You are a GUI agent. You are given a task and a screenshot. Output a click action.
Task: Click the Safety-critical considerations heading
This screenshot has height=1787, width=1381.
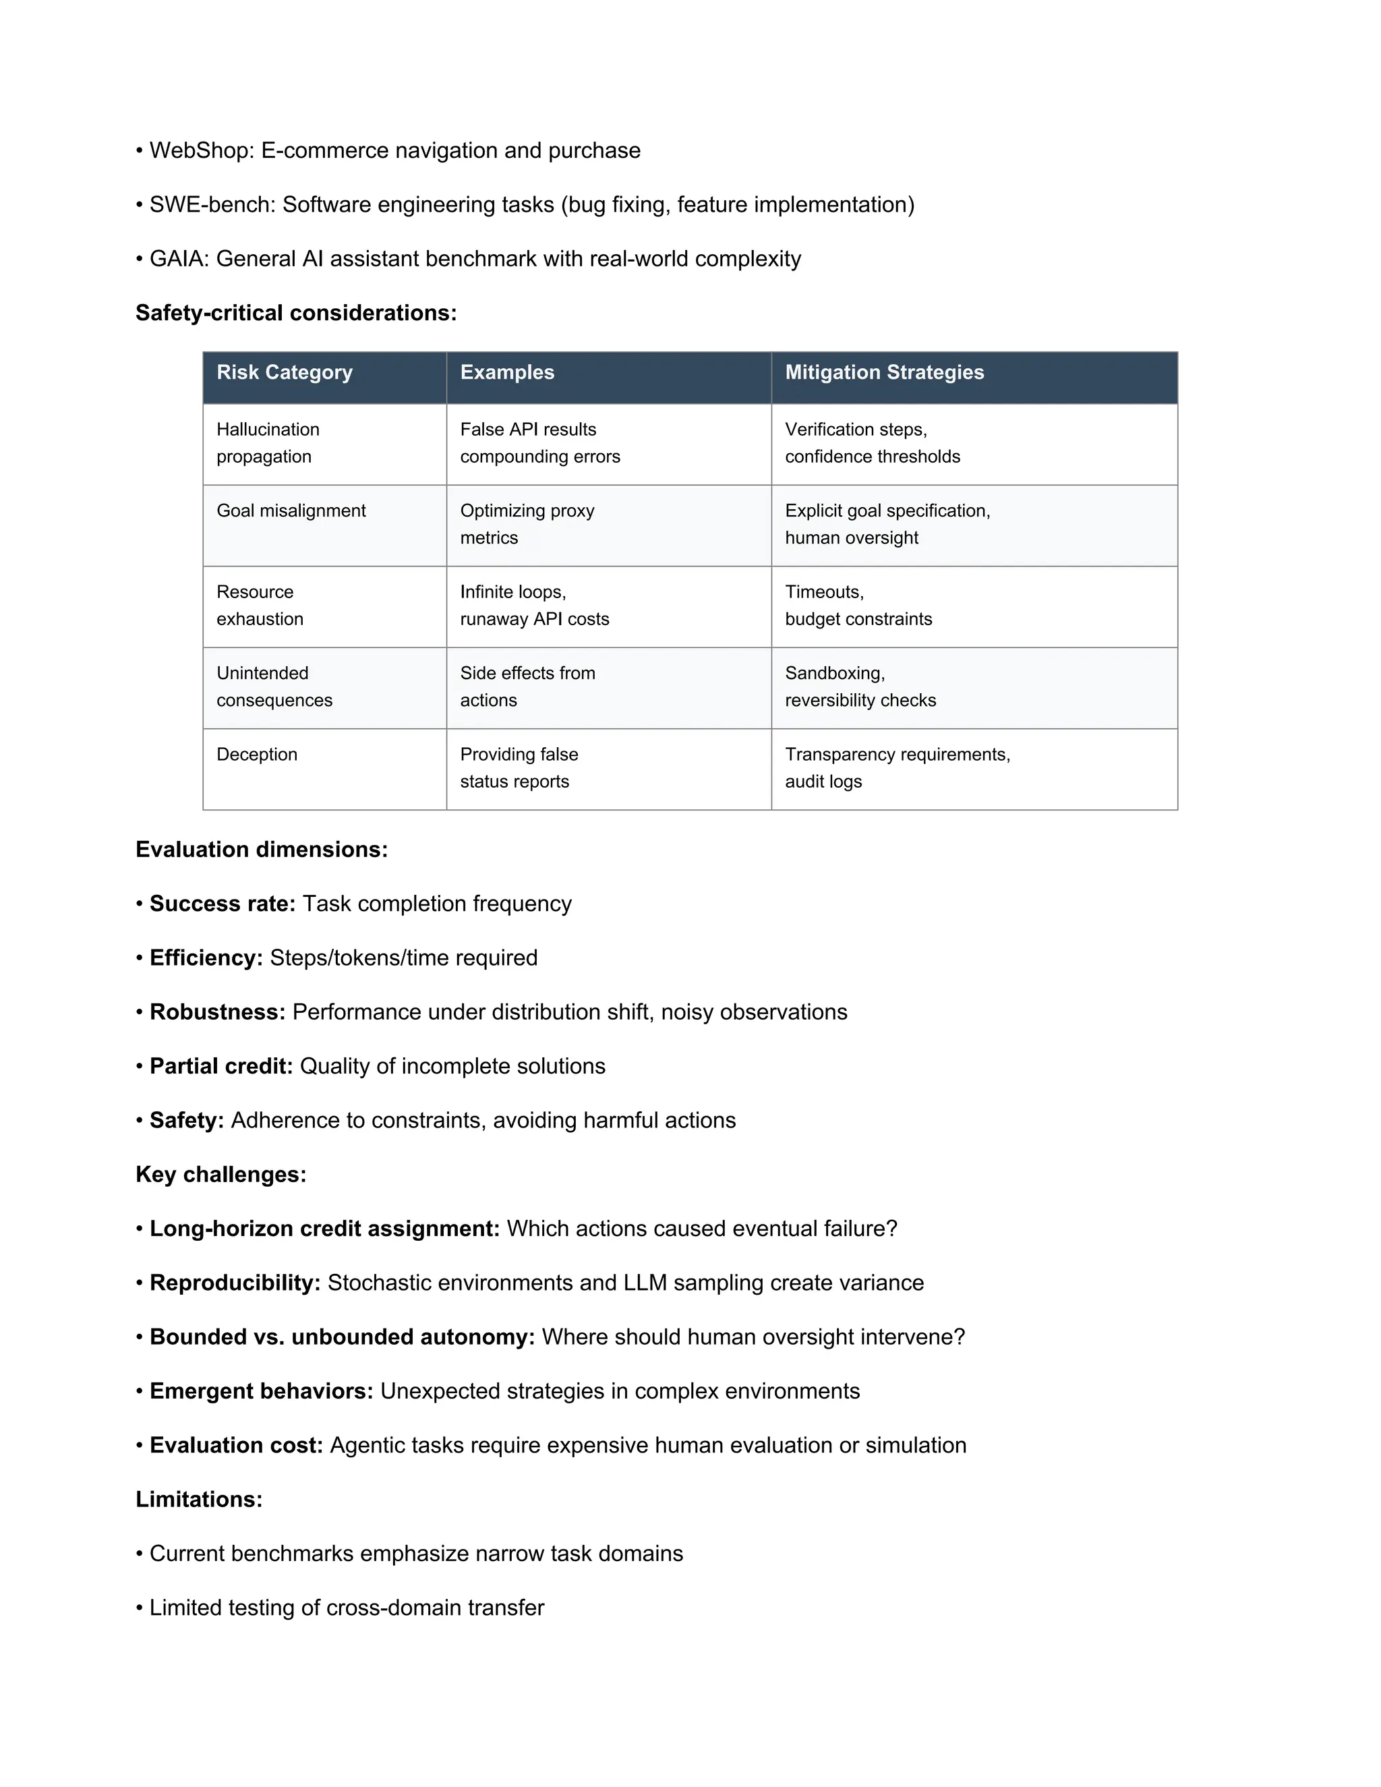(x=295, y=313)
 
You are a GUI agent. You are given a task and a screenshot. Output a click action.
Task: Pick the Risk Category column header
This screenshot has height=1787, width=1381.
(x=284, y=372)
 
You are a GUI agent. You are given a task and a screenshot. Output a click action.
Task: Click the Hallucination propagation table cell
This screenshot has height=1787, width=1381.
(x=268, y=442)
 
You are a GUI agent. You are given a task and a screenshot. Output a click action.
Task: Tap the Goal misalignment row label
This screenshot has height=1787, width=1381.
(x=291, y=510)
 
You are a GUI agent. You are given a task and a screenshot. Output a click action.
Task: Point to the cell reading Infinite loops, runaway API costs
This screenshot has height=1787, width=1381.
(x=533, y=606)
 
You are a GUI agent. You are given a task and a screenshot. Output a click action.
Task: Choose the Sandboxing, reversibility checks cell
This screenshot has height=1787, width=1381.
(x=860, y=686)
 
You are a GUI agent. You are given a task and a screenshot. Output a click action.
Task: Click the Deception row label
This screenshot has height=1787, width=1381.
(x=256, y=755)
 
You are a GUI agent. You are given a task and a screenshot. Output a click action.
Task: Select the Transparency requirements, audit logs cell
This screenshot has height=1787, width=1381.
(x=897, y=767)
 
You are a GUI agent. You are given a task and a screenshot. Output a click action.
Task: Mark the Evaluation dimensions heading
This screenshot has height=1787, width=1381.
(x=261, y=849)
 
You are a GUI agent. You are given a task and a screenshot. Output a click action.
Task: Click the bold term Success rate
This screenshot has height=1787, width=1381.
(x=222, y=904)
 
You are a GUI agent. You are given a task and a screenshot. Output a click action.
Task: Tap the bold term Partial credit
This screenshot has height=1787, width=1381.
(x=221, y=1066)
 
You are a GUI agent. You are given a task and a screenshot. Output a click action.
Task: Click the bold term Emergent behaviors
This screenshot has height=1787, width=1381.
(x=261, y=1391)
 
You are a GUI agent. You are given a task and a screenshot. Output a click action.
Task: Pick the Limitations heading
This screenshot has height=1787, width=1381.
(x=199, y=1499)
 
